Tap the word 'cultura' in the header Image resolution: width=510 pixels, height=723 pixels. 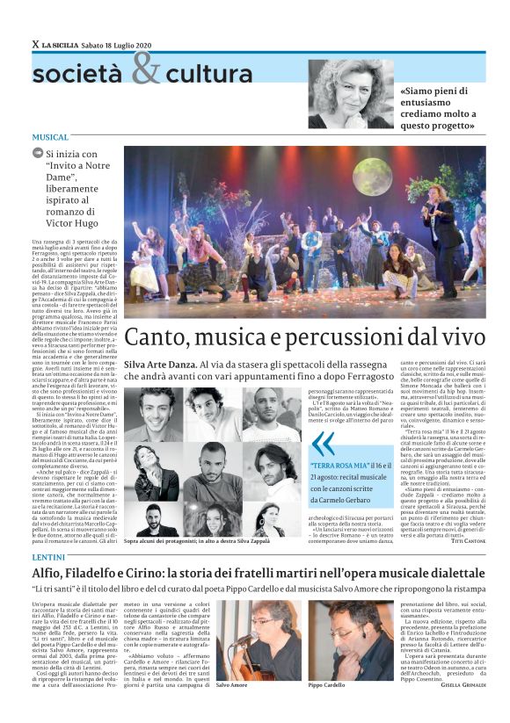pyautogui.click(x=208, y=75)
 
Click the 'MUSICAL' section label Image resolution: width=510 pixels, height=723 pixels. pyautogui.click(x=50, y=138)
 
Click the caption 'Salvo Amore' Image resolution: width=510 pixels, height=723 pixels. pyautogui.click(x=232, y=684)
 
